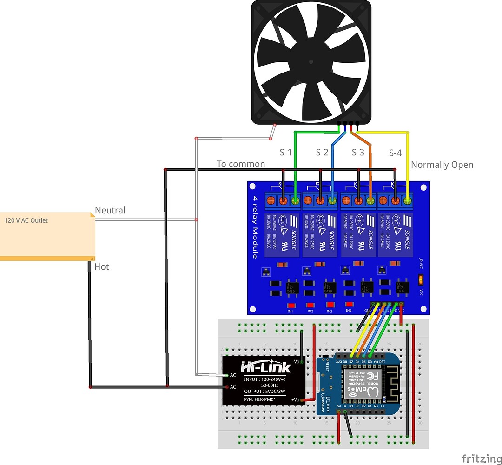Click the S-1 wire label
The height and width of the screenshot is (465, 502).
tap(286, 152)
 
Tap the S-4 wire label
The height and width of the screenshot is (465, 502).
tap(395, 153)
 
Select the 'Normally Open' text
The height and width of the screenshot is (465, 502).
tap(442, 165)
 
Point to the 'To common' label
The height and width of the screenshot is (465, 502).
tap(241, 164)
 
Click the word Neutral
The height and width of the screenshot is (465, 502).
tap(110, 211)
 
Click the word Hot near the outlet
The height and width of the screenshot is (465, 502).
tap(102, 266)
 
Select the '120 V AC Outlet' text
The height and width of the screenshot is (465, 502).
tap(26, 220)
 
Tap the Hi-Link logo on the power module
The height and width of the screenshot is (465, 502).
tap(265, 367)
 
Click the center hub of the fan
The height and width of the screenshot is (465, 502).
tap(311, 61)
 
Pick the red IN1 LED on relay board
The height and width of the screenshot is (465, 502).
tap(290, 305)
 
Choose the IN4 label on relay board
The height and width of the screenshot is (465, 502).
tap(349, 310)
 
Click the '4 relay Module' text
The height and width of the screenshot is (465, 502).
tap(255, 227)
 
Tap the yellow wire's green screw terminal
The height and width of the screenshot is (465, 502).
tap(408, 201)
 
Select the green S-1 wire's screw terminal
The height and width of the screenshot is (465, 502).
tap(296, 201)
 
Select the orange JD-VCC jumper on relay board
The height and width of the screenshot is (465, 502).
tap(421, 279)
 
